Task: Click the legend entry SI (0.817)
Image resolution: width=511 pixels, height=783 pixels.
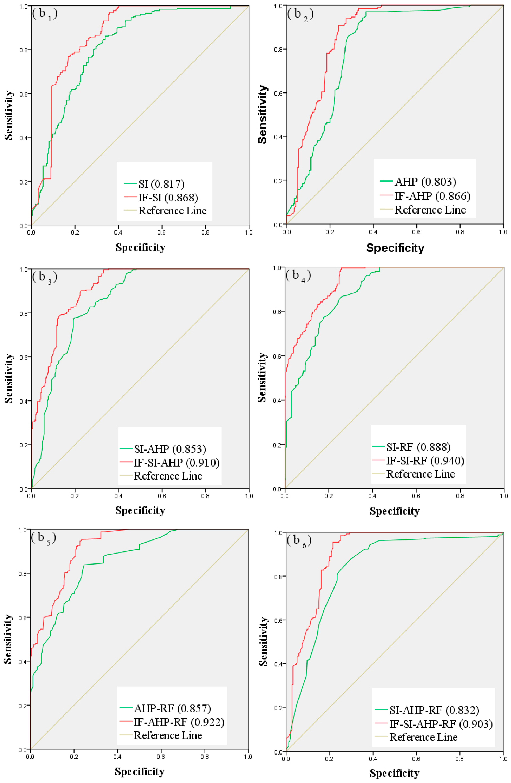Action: coord(161,184)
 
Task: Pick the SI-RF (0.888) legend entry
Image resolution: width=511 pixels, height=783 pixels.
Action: coord(418,447)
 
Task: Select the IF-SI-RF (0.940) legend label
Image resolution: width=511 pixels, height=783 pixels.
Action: coord(425,461)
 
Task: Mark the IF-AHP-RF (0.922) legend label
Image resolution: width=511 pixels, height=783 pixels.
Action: coord(179,722)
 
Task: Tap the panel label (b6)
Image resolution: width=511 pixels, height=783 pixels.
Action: coord(299,540)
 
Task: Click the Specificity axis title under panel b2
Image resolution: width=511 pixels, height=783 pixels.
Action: coord(395,248)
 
